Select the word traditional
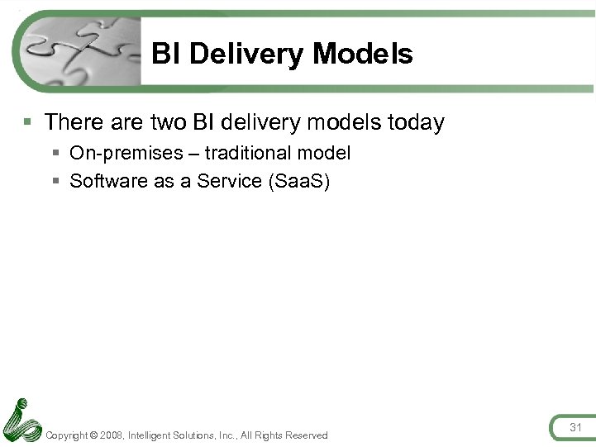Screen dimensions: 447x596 point(251,153)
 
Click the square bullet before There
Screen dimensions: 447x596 point(28,123)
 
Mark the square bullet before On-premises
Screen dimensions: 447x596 point(55,154)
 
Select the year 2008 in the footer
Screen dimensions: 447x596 point(112,435)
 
